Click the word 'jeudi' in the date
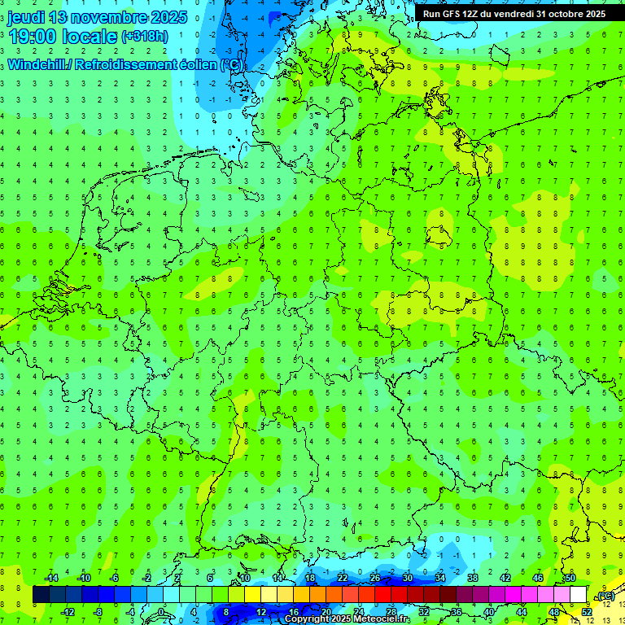click(x=27, y=17)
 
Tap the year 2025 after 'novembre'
click(x=163, y=17)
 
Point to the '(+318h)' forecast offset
click(x=146, y=37)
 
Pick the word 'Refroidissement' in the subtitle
click(x=126, y=64)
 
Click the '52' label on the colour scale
click(x=587, y=611)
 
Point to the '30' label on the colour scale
click(x=407, y=578)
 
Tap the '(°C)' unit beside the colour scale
click(x=605, y=596)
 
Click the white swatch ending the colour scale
click(x=579, y=595)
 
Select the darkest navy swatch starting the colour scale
click(x=41, y=595)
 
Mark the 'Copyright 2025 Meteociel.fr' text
click(x=347, y=619)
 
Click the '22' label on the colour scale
click(x=343, y=578)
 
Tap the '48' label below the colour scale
click(x=554, y=611)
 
